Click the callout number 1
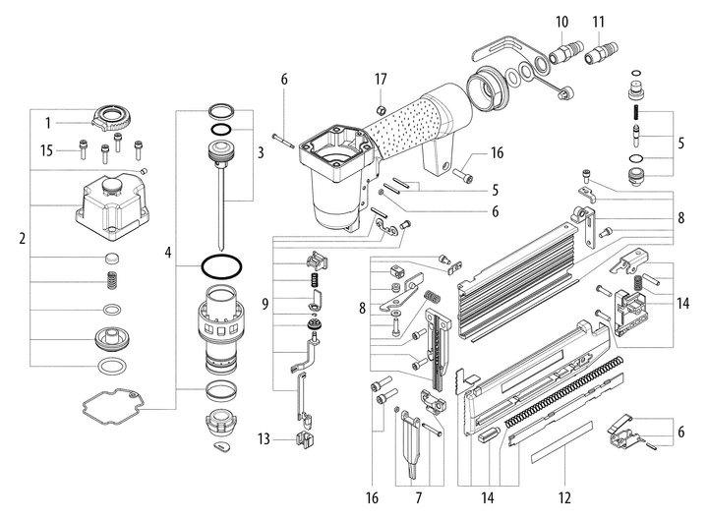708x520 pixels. tap(46, 122)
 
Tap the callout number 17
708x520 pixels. tap(380, 78)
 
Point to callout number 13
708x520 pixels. tap(263, 438)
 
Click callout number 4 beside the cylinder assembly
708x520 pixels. tap(168, 253)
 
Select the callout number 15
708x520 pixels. tap(45, 150)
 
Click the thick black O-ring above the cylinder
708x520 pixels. tap(222, 266)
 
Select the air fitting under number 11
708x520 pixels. tap(600, 50)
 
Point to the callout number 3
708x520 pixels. tap(261, 152)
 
